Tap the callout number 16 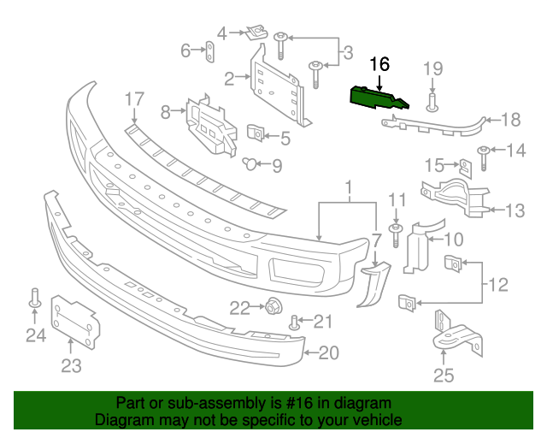coord(379,63)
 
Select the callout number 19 coord(432,68)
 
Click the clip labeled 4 coord(253,33)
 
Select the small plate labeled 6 coord(209,52)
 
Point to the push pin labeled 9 coord(250,163)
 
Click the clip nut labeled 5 coord(255,134)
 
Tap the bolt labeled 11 coord(396,233)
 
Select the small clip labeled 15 coord(463,165)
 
